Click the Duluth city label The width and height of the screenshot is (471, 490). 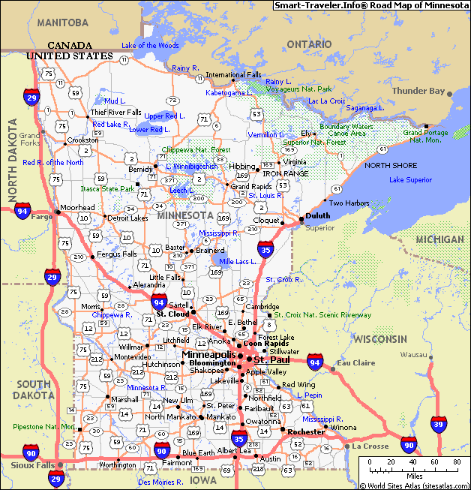point(317,216)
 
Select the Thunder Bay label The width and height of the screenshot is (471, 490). point(418,92)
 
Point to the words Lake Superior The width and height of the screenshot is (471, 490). point(410,180)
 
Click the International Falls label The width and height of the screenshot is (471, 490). point(234,75)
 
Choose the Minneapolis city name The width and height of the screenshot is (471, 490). point(209,354)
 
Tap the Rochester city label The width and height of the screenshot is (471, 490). point(306,431)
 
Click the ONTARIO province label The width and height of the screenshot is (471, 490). point(308,44)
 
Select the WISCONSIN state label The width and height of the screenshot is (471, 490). point(380,339)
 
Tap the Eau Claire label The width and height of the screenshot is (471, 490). point(356,363)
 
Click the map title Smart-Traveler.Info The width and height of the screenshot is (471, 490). point(370,5)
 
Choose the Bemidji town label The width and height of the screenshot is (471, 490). point(140,170)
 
